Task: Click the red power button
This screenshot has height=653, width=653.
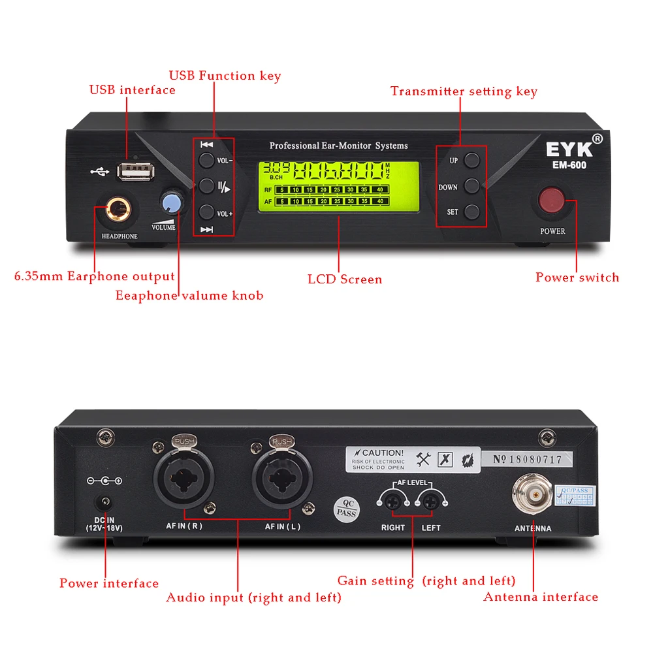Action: [551, 201]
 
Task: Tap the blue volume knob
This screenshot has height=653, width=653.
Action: [172, 202]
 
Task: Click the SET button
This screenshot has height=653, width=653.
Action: [472, 212]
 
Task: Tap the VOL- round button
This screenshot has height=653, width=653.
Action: [206, 161]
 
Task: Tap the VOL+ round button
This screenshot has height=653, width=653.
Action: [206, 212]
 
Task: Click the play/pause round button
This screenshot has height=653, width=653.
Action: [206, 186]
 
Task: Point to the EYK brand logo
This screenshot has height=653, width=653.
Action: [570, 148]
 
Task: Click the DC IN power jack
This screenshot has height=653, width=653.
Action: [104, 503]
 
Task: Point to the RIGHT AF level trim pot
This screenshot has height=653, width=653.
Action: [394, 502]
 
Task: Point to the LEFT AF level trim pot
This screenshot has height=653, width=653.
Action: [430, 502]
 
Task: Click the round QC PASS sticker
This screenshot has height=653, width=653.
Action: [346, 509]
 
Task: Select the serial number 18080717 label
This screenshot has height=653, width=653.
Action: [527, 459]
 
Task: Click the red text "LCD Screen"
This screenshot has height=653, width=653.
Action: [345, 279]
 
